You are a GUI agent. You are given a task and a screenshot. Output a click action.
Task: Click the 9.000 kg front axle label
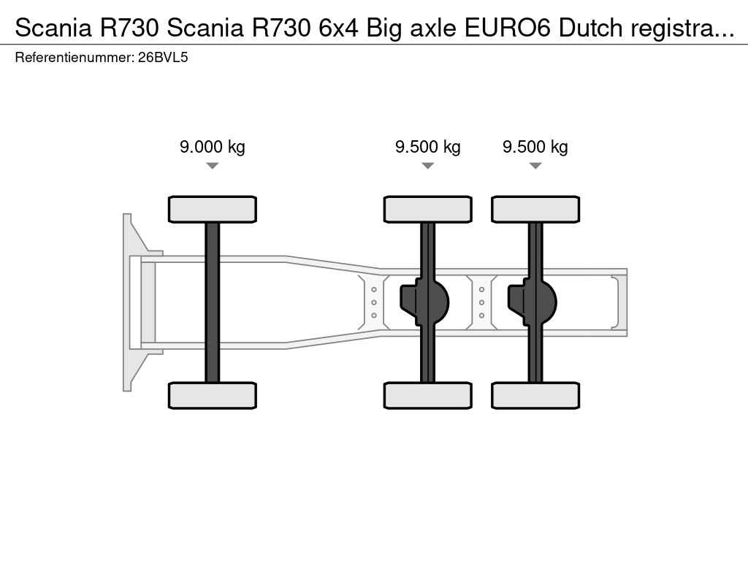(213, 147)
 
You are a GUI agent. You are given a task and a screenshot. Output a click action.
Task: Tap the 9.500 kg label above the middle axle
(428, 147)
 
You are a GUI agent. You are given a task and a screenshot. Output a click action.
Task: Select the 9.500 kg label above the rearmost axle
(535, 147)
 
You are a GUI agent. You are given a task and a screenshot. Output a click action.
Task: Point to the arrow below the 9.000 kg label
(213, 166)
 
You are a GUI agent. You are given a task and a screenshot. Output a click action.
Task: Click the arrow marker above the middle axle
(428, 166)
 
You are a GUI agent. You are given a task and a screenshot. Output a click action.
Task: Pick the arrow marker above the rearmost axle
(535, 166)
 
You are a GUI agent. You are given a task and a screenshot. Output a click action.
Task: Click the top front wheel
(213, 210)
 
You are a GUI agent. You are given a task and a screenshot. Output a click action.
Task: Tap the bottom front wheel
(213, 395)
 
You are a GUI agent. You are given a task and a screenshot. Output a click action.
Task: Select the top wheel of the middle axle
(428, 210)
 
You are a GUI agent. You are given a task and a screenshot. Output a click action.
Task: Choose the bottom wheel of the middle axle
(428, 395)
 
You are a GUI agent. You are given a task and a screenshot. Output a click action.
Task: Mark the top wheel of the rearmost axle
(535, 210)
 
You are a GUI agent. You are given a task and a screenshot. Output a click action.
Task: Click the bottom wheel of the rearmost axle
(535, 395)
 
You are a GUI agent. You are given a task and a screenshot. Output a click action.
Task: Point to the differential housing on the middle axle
(424, 302)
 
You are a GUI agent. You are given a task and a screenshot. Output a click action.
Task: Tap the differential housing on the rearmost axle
(532, 302)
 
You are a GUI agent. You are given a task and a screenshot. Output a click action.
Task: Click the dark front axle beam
(213, 302)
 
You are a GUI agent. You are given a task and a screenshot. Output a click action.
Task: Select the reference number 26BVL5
(163, 58)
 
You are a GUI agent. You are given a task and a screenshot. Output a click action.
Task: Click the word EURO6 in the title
(508, 28)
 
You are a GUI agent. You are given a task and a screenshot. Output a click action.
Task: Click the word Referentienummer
(75, 58)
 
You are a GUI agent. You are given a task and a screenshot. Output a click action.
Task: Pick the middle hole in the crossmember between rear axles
(482, 302)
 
